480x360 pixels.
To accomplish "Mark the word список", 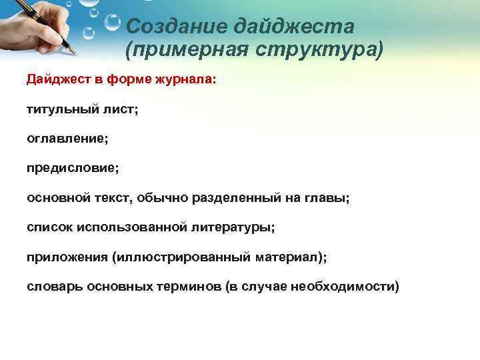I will (49, 227).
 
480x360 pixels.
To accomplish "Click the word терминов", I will (190, 287).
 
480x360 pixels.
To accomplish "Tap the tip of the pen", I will (75, 53).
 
